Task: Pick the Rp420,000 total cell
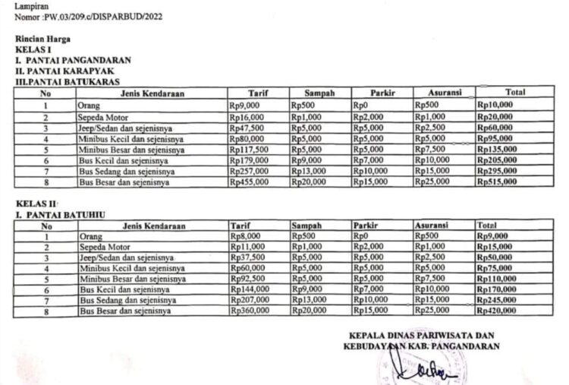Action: (496, 311)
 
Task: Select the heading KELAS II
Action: (34, 204)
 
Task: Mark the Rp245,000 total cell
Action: (496, 301)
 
